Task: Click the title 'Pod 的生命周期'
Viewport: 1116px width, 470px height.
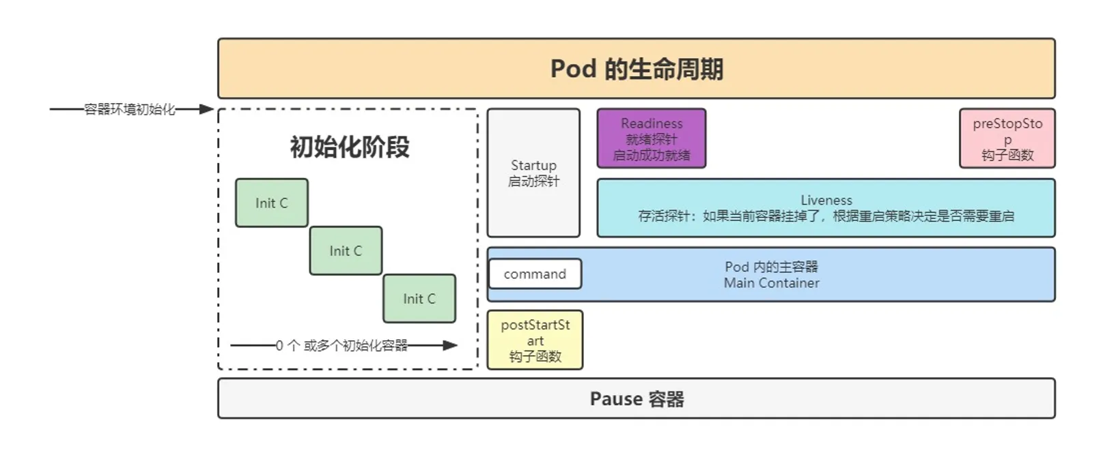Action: [637, 69]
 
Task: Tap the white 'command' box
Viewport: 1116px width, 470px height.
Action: [535, 274]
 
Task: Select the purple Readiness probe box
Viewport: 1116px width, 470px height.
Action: [651, 138]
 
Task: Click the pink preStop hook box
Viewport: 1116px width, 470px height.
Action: [1007, 138]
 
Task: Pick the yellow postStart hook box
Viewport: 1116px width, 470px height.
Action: [535, 340]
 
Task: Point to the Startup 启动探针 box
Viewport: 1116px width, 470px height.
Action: [533, 173]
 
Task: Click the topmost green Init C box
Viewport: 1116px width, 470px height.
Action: [272, 203]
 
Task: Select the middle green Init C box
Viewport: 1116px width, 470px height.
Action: [346, 251]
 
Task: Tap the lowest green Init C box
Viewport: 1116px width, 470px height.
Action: [419, 299]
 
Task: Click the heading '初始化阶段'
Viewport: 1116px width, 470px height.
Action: [350, 147]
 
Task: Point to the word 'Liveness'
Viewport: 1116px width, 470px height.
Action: [826, 200]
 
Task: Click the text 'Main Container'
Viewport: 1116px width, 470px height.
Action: [771, 283]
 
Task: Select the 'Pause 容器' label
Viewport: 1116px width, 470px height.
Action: [637, 398]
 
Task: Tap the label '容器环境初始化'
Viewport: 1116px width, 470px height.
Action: [130, 109]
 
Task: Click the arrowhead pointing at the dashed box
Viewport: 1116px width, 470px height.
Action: [206, 109]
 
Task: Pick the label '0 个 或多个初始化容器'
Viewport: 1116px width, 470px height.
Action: [341, 346]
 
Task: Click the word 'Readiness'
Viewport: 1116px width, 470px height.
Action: [652, 123]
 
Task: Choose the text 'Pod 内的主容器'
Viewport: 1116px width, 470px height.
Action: [771, 267]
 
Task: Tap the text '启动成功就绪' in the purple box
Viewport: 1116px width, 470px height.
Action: [651, 156]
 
